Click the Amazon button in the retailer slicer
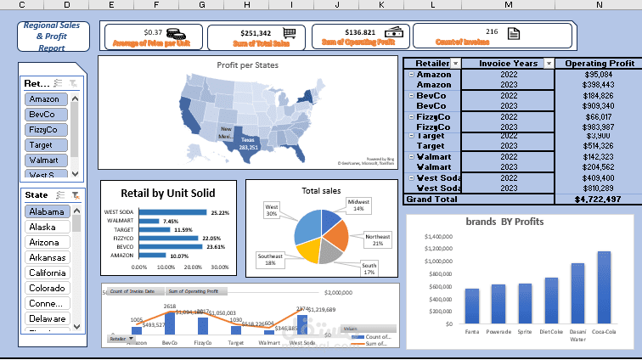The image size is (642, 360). pos(44,99)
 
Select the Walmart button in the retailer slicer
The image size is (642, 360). pos(44,160)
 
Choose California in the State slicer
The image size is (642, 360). pos(46,273)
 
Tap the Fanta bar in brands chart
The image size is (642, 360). pos(472,306)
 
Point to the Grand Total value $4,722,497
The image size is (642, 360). pos(599,199)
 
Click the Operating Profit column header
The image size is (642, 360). pos(599,63)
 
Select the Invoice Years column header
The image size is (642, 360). pos(508,63)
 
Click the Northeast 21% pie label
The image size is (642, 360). pos(377,239)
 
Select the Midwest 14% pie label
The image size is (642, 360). pos(358,204)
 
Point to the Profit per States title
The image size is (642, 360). pos(248,65)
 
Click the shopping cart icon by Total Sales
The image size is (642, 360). pos(290,33)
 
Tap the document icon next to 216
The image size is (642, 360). pos(513,33)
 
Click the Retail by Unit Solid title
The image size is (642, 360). pos(167,193)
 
